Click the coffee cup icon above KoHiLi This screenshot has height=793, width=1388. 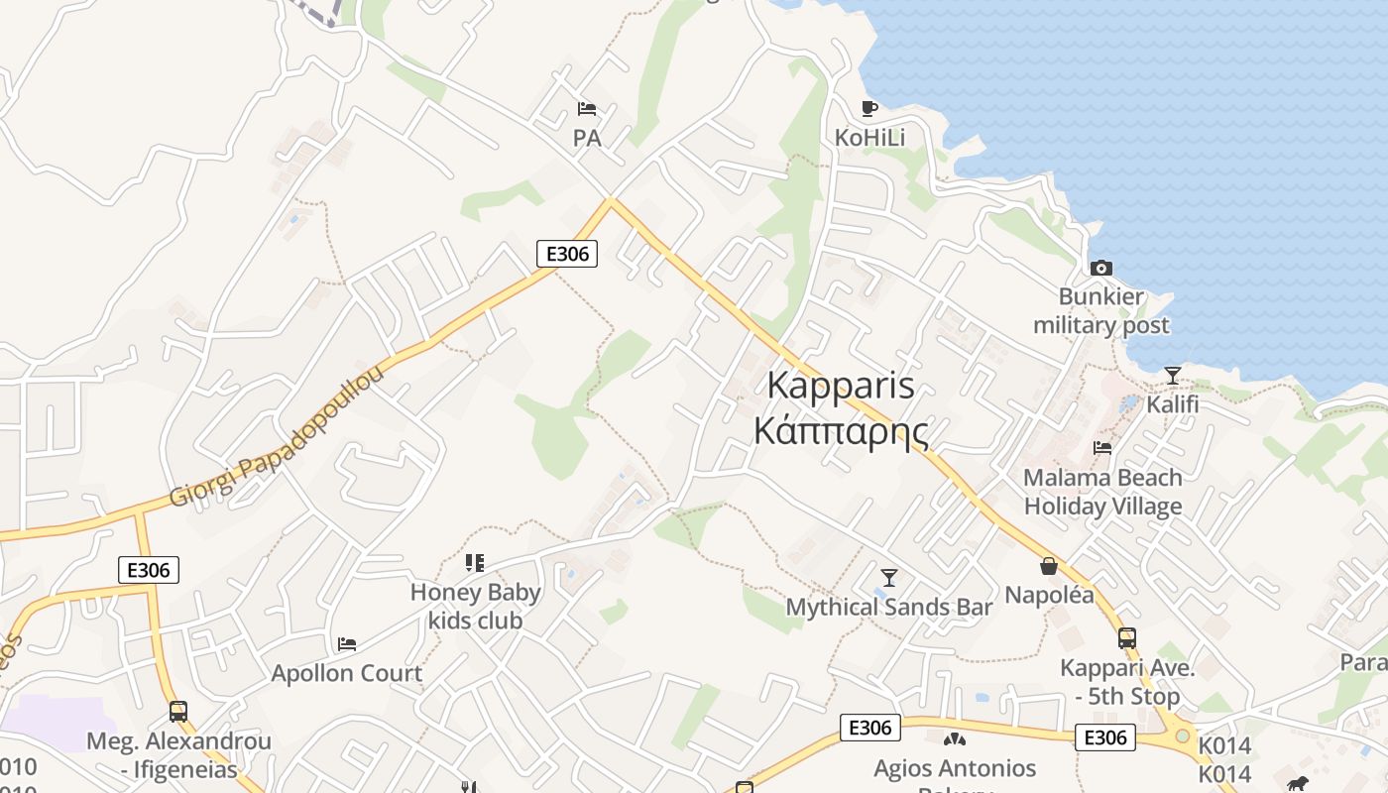tap(869, 108)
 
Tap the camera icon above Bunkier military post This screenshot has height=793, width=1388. tap(1100, 268)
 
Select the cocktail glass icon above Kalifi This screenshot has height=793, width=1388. tap(1173, 376)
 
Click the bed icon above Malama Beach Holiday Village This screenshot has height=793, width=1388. tap(1102, 448)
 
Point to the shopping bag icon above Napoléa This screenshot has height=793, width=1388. tap(1049, 566)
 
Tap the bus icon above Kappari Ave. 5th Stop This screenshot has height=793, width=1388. tap(1126, 638)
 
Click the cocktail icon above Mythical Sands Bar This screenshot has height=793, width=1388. tap(889, 577)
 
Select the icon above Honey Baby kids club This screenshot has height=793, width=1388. tap(475, 563)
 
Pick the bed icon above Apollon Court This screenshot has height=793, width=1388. tap(346, 644)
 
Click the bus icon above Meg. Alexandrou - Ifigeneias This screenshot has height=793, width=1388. tap(178, 712)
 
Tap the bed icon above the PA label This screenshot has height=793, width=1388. tap(587, 108)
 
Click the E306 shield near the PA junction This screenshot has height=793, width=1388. tap(567, 254)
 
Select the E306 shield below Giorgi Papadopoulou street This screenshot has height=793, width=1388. tap(149, 570)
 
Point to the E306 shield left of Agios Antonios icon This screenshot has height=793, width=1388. tap(870, 728)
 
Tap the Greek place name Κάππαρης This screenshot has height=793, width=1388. tap(841, 432)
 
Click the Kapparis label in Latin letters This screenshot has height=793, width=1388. tap(841, 386)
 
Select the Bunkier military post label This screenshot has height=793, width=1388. tap(1100, 311)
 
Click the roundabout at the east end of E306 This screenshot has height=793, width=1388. tap(1182, 736)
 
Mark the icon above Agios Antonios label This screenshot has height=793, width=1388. tap(954, 738)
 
